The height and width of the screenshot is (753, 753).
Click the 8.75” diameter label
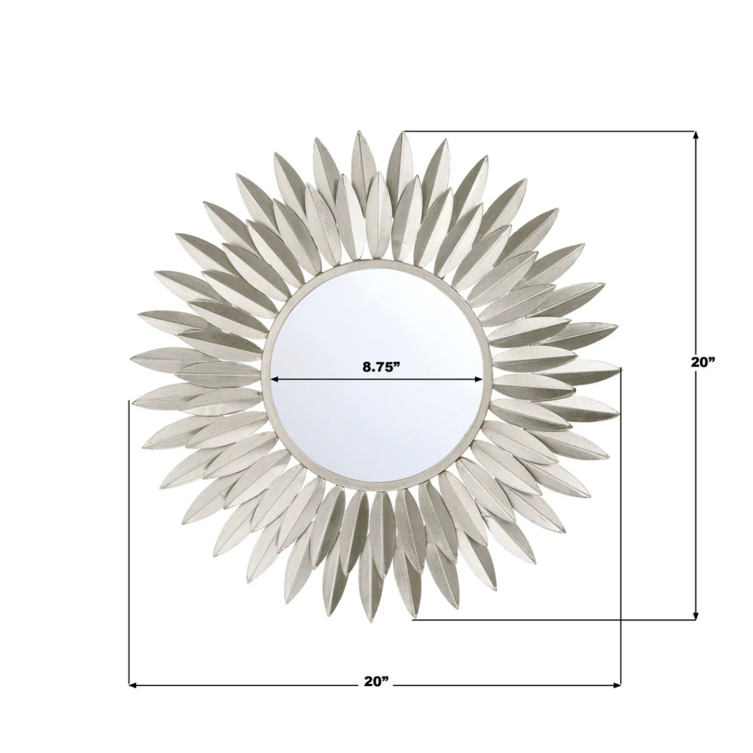pyautogui.click(x=381, y=367)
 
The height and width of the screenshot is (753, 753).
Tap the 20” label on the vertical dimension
pyautogui.click(x=703, y=362)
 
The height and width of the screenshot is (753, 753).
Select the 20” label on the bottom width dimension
pyautogui.click(x=376, y=681)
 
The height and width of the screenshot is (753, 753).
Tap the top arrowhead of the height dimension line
pyautogui.click(x=695, y=135)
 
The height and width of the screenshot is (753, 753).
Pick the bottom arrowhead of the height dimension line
pyautogui.click(x=695, y=616)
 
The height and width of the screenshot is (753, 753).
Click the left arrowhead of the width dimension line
pyautogui.click(x=132, y=685)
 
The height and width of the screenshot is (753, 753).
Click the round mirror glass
pyautogui.click(x=376, y=425)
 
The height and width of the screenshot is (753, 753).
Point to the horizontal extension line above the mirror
pyautogui.click(x=551, y=131)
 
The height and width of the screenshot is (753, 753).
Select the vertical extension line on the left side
pyautogui.click(x=129, y=544)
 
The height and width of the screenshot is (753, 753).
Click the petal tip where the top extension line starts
pyautogui.click(x=402, y=132)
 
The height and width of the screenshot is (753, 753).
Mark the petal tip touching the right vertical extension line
pyautogui.click(x=619, y=368)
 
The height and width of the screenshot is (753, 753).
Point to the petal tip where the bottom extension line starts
pyautogui.click(x=414, y=617)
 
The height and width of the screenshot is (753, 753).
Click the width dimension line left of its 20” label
pyautogui.click(x=244, y=685)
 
